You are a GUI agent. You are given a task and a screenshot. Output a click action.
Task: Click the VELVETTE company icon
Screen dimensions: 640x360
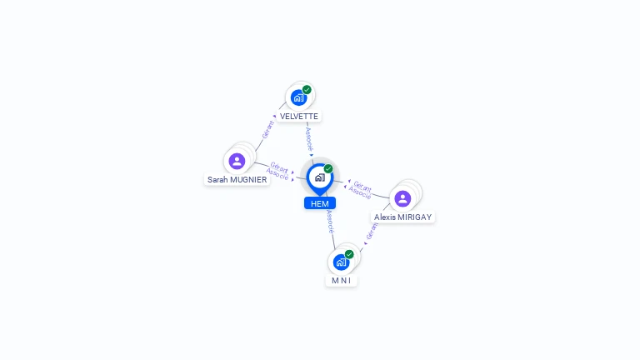pos(298,97)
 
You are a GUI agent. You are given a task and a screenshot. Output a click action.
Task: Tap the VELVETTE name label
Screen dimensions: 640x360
pos(299,116)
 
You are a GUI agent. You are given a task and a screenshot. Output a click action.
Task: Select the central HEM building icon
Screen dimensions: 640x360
pos(319,177)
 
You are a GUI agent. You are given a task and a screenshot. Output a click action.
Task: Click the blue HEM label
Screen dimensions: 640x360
pos(319,203)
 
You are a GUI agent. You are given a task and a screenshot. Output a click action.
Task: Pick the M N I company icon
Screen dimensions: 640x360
pos(340,262)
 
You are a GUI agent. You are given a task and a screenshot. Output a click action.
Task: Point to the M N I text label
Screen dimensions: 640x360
pos(341,281)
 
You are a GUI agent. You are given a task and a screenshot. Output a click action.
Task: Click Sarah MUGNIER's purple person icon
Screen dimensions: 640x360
pos(237,161)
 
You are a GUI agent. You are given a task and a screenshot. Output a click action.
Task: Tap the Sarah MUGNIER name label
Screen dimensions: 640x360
pos(237,179)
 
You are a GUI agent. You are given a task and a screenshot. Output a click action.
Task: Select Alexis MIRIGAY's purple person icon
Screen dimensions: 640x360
pos(402,198)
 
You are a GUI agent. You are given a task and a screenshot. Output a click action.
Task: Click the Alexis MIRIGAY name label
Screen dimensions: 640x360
pos(403,217)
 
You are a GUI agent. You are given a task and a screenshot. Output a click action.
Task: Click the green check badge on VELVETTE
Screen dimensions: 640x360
pos(307,89)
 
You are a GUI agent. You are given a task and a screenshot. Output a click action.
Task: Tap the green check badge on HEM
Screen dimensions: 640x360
pos(328,168)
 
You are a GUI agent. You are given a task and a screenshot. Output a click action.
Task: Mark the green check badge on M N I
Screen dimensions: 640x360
pos(349,254)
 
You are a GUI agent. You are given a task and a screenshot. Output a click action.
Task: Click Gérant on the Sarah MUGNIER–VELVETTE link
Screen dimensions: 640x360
pos(267,129)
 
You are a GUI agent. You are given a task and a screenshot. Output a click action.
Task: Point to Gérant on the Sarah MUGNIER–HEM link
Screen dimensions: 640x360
pos(279,167)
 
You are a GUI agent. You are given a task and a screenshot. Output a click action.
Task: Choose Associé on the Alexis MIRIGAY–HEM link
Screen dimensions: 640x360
pos(360,193)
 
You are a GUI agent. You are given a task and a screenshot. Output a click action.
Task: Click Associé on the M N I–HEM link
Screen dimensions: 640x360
pos(330,221)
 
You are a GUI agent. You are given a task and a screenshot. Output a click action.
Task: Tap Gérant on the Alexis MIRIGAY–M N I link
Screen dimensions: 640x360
pos(372,231)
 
